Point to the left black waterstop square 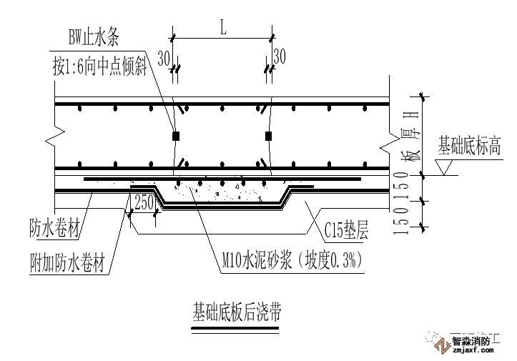(175, 135)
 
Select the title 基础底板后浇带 (236, 312)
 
